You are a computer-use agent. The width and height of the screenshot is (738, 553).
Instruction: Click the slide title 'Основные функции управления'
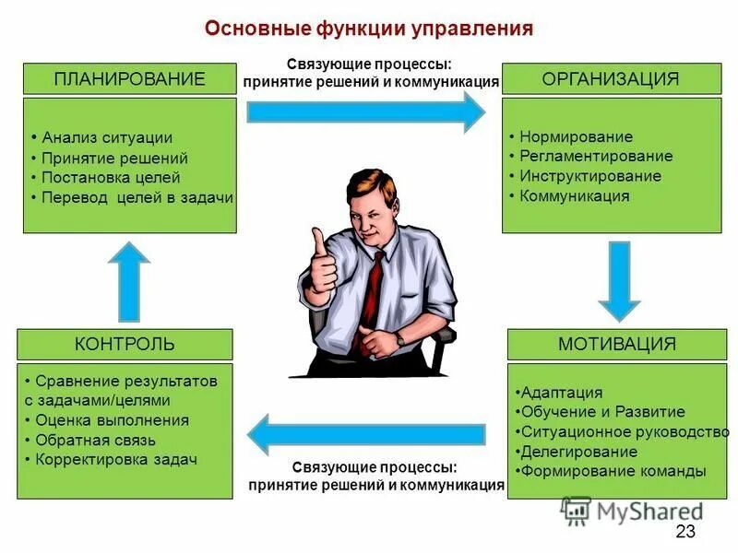point(369,29)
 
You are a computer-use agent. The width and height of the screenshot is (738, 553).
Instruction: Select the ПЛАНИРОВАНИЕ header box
point(129,78)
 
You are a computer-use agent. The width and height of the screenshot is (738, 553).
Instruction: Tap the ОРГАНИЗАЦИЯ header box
point(611,78)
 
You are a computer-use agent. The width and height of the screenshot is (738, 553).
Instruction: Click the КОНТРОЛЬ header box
point(125,345)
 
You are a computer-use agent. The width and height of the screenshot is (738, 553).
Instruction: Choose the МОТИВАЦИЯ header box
point(616,345)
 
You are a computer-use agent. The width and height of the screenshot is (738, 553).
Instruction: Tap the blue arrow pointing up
point(128,280)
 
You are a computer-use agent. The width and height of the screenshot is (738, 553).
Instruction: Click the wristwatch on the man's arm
point(400,340)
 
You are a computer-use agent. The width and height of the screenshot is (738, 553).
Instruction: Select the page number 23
point(684,531)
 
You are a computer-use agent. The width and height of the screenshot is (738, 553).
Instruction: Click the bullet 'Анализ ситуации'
point(107,138)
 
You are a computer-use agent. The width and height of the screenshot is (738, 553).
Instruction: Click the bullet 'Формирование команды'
point(613,471)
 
